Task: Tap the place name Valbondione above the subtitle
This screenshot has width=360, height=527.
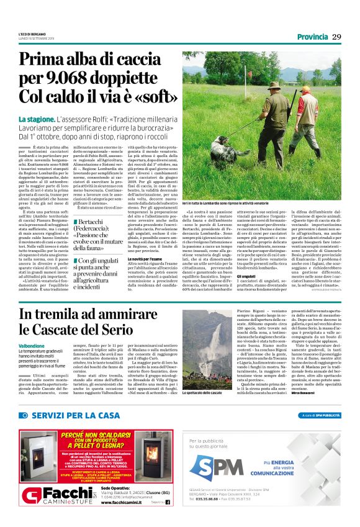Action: click(x=32, y=345)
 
